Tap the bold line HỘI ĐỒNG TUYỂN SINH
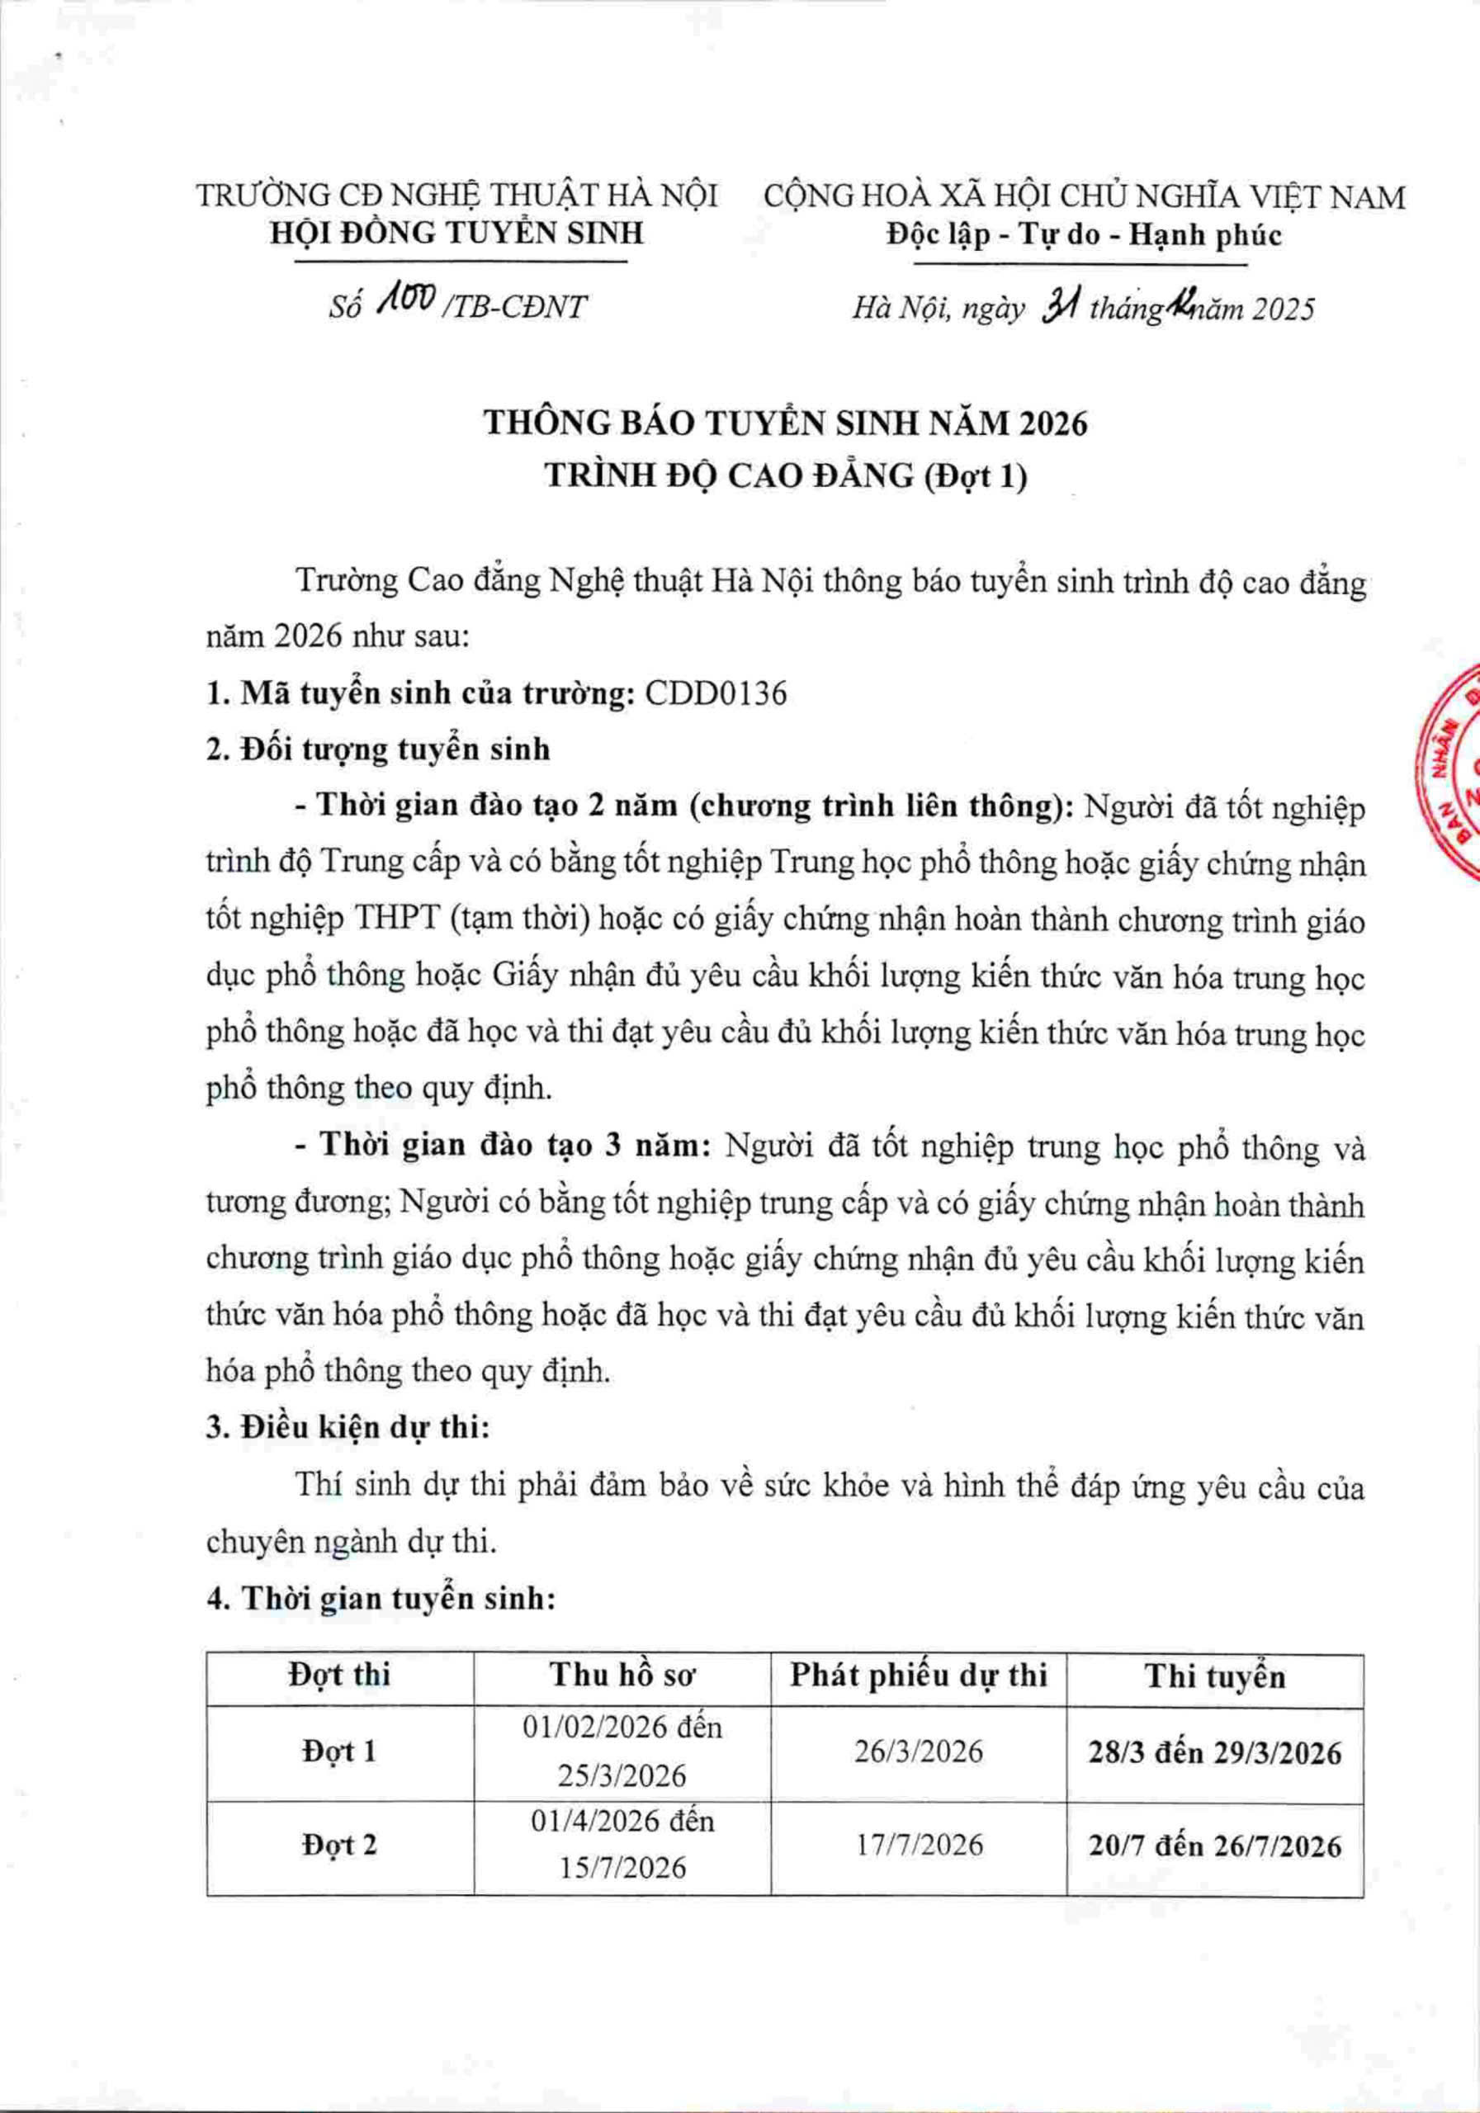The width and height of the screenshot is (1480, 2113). tap(456, 234)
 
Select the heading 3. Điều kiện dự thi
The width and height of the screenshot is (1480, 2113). tap(348, 1427)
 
